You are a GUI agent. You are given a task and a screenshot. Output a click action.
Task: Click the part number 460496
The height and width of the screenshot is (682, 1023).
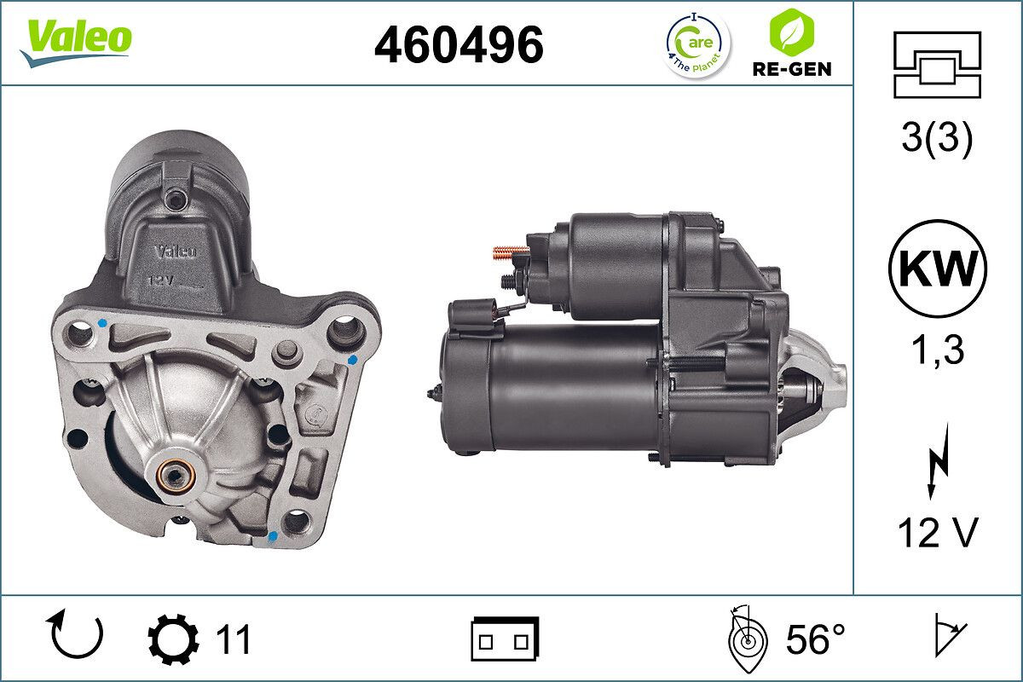(x=459, y=44)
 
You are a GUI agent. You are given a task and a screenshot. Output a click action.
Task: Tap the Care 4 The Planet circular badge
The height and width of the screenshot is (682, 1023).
(x=697, y=44)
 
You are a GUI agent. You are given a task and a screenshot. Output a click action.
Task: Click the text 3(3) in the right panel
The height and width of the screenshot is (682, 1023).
(x=937, y=139)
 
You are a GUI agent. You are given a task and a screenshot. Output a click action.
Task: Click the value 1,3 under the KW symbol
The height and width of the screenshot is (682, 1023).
(x=937, y=350)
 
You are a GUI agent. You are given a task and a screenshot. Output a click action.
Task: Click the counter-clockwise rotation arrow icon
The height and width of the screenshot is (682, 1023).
(x=77, y=635)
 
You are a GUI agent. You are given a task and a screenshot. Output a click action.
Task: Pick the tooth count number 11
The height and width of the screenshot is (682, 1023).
(x=232, y=639)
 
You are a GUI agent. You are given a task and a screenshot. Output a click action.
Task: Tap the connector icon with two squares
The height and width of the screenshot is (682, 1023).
(x=505, y=639)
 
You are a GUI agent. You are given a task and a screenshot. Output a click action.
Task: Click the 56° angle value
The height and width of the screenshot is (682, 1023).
(x=814, y=639)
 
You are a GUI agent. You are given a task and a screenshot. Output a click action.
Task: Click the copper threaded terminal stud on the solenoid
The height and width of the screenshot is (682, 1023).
(x=510, y=251)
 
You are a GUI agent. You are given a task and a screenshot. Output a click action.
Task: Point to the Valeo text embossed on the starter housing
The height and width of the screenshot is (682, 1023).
(x=176, y=251)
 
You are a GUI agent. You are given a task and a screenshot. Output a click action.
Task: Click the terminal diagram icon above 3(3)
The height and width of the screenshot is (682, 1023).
(x=937, y=65)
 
